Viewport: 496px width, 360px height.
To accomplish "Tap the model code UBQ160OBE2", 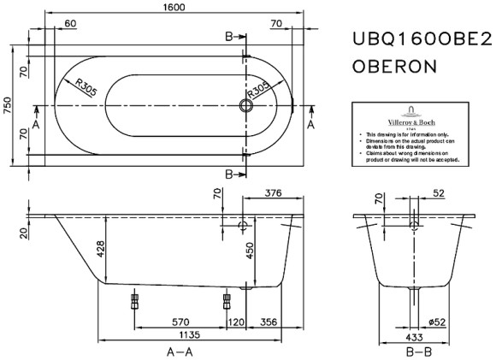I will click(x=422, y=41).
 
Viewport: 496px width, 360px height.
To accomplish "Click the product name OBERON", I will click(x=395, y=66).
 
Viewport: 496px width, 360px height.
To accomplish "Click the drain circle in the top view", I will click(x=246, y=107).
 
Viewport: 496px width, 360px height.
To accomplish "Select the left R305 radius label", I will click(x=86, y=86).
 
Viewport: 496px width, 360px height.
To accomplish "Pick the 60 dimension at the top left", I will click(x=71, y=24).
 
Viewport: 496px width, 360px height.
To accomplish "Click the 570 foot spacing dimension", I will click(x=180, y=322).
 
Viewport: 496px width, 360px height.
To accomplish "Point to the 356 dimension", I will click(x=270, y=322).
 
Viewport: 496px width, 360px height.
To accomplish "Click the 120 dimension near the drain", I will click(x=235, y=322).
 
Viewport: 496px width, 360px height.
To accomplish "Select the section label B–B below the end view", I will click(x=416, y=351).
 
